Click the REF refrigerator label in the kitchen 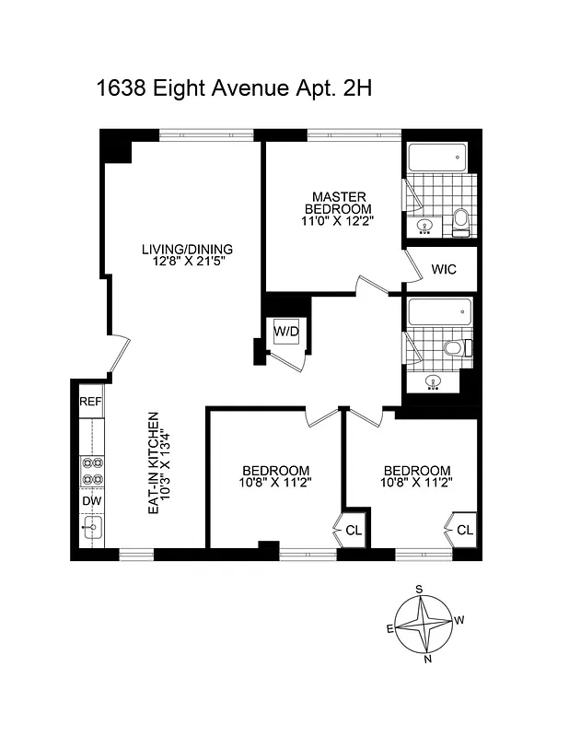click(x=90, y=402)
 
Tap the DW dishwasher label click(x=90, y=500)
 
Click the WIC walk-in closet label click(x=444, y=272)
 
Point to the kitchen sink click(x=91, y=529)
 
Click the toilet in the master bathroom click(x=461, y=218)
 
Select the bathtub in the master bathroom click(x=436, y=158)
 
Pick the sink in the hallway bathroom click(x=427, y=380)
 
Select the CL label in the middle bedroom click(x=354, y=530)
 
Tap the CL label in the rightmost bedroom click(x=464, y=530)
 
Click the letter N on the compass click(x=426, y=658)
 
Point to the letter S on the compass click(x=419, y=589)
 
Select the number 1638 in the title click(x=122, y=89)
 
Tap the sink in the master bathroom click(x=425, y=225)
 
